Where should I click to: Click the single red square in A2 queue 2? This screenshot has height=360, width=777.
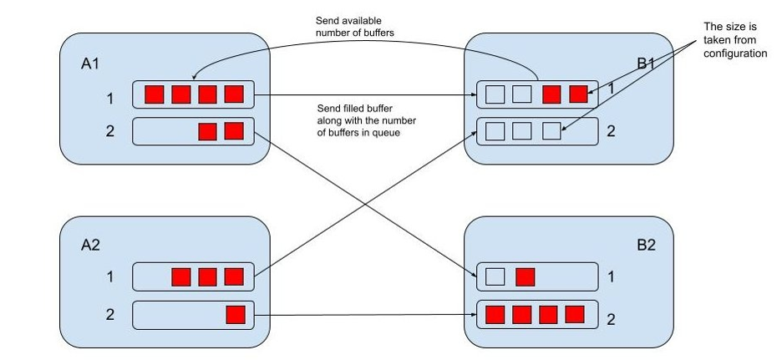coord(235,315)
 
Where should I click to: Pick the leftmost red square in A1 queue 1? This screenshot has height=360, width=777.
coord(154,94)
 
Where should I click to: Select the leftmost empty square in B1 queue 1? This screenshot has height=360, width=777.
coord(495,94)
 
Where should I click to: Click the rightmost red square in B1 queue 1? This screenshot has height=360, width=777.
coord(578,94)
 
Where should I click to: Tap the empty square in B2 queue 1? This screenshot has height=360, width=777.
coord(495,276)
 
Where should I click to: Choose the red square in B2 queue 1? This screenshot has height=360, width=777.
coord(525,276)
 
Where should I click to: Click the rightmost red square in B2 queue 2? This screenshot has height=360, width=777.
coord(574,315)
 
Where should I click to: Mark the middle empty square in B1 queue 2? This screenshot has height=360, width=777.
coord(522,131)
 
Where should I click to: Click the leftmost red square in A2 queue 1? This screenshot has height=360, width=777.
coord(180,276)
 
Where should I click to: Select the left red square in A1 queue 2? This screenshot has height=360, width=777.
coord(206,131)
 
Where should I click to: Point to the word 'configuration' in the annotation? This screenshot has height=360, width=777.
coord(734,53)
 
